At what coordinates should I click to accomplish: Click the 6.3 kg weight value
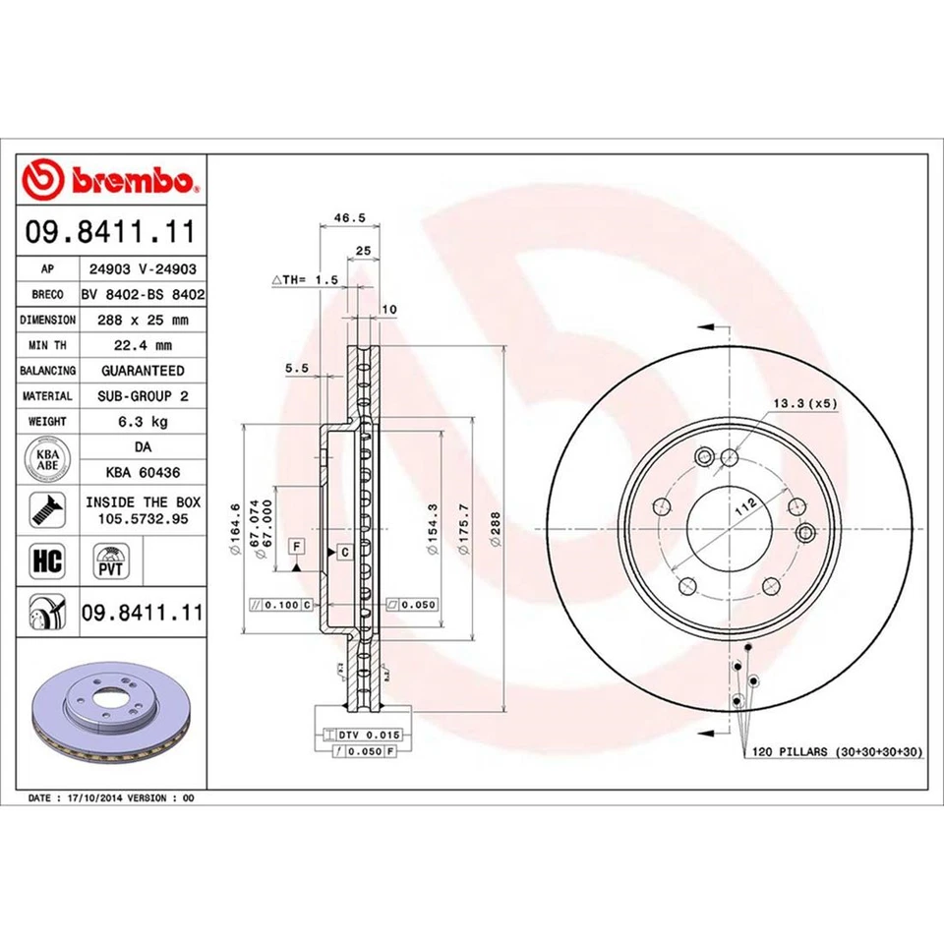(x=143, y=421)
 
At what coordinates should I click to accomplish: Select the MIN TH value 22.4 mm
(x=143, y=345)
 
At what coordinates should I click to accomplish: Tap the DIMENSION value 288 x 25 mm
(x=143, y=320)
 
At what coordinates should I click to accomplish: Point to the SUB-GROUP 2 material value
(x=143, y=395)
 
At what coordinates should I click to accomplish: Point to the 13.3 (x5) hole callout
(x=803, y=403)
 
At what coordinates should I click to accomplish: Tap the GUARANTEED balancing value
(x=143, y=371)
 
